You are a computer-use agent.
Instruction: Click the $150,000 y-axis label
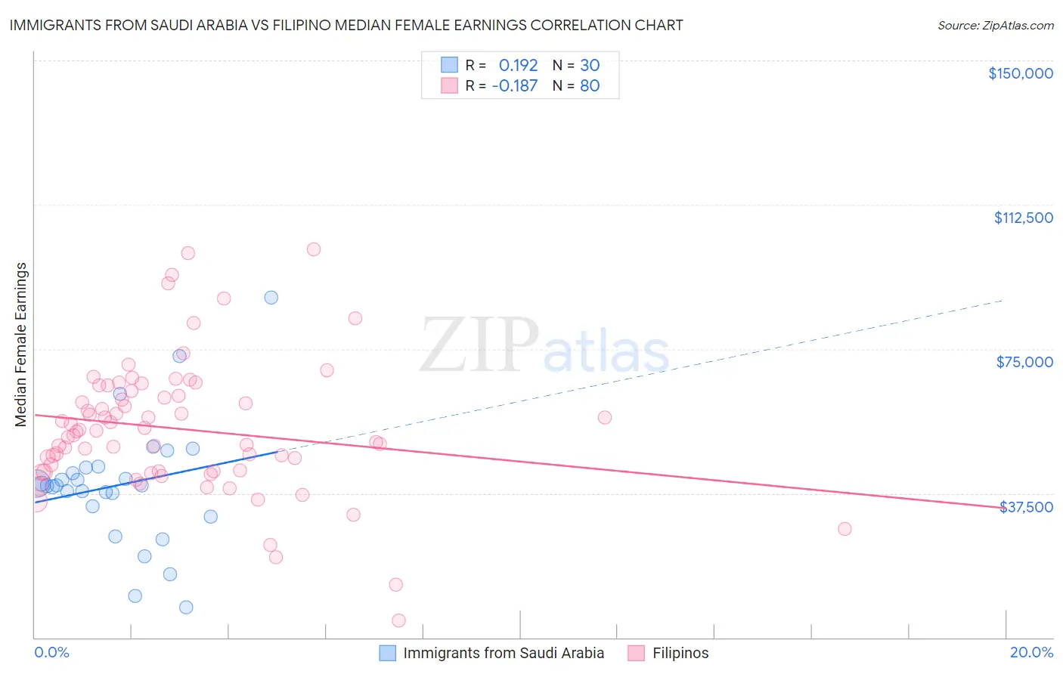click(x=1020, y=73)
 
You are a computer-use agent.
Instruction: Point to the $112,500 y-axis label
click(x=1023, y=218)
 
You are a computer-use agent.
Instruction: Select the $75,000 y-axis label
click(x=1024, y=362)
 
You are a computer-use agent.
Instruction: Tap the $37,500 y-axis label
click(x=1026, y=507)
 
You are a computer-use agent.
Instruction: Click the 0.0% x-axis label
click(x=51, y=652)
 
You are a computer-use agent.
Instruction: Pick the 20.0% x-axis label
click(x=1031, y=652)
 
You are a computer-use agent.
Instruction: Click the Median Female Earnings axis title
click(x=21, y=345)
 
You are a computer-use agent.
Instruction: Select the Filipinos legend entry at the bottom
click(x=680, y=653)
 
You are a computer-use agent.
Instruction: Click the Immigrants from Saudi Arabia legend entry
click(x=504, y=653)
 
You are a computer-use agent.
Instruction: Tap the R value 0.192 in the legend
click(x=518, y=65)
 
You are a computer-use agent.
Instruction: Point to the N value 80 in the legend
click(x=590, y=85)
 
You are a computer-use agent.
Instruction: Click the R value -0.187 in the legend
click(x=514, y=85)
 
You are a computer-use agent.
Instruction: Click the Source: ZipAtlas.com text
click(x=995, y=25)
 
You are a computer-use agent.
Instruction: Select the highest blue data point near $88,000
click(x=271, y=298)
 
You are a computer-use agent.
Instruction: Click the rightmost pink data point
click(x=845, y=529)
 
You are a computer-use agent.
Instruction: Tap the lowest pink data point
click(x=398, y=620)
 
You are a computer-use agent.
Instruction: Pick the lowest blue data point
click(x=186, y=608)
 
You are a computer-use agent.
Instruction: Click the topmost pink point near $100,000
click(x=313, y=249)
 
